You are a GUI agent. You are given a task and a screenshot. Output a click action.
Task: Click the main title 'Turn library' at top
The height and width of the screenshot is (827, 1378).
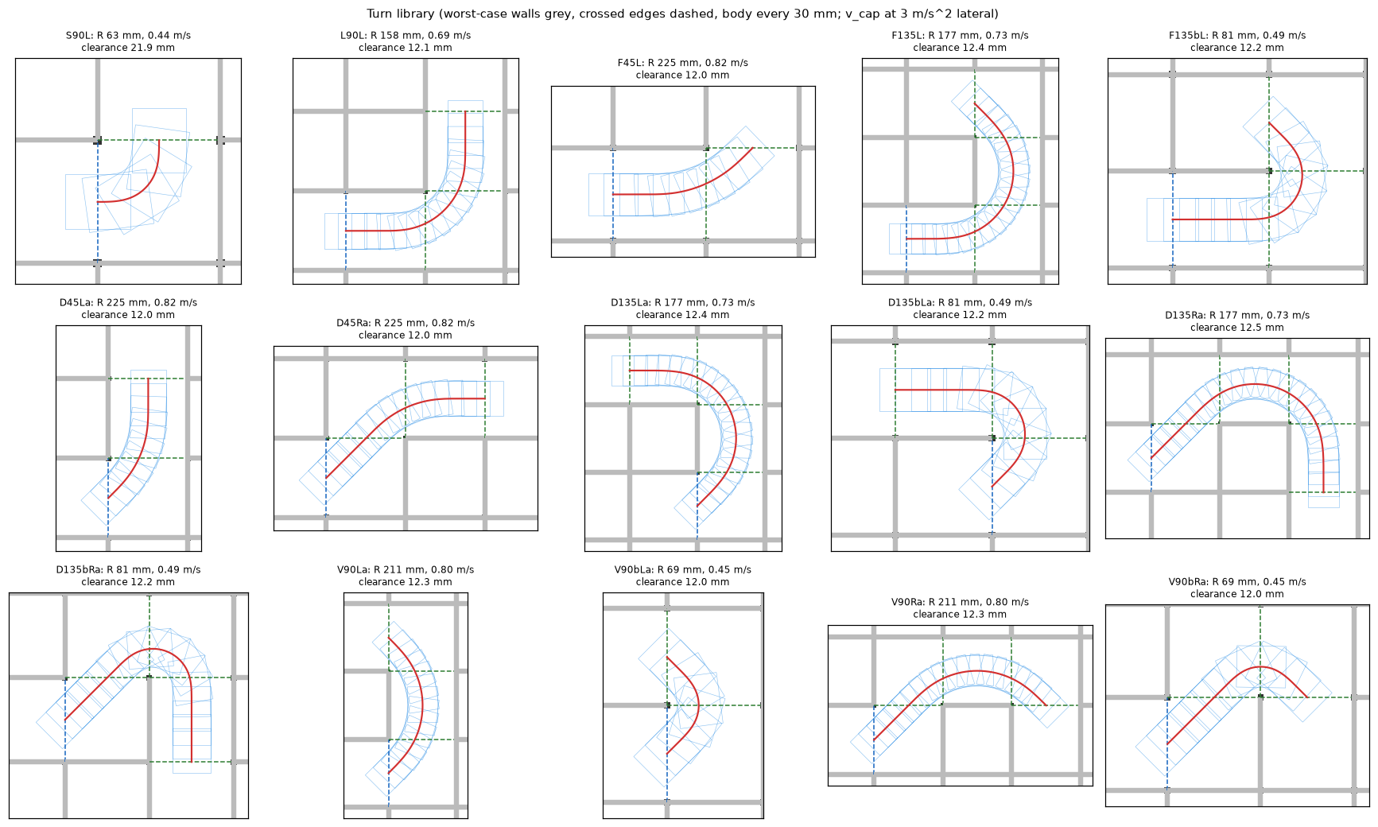[682, 14]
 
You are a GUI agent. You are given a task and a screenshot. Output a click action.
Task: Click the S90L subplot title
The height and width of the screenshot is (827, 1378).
[128, 41]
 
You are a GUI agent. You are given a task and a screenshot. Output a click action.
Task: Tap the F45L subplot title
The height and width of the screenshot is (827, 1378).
[682, 68]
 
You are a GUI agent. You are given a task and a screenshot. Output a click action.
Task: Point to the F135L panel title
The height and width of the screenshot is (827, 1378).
[960, 41]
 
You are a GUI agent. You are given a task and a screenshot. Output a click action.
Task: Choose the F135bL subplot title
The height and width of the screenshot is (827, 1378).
[1237, 41]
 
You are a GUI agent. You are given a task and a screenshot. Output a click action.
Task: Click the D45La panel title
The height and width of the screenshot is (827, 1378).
[128, 309]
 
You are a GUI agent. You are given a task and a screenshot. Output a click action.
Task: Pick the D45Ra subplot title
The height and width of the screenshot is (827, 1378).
[406, 329]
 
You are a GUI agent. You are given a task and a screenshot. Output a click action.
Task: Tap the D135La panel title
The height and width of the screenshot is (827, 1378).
[682, 309]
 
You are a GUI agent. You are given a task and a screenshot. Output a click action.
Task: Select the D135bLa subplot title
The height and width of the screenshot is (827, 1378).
[960, 309]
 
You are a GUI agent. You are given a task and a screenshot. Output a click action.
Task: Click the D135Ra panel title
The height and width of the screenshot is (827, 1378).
[1237, 321]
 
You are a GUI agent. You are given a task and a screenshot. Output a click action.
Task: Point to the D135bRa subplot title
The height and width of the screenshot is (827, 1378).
[128, 576]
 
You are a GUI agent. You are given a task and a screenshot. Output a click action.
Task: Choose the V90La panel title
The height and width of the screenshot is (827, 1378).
[406, 576]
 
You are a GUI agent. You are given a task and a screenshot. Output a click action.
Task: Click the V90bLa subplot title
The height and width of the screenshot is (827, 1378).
[682, 576]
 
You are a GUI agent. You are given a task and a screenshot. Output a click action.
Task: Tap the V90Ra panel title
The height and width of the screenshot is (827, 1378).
[960, 608]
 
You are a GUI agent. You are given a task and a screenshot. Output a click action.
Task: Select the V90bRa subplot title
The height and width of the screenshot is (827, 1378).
[1237, 588]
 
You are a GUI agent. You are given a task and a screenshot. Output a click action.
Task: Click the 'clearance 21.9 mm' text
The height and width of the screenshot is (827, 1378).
[128, 48]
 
